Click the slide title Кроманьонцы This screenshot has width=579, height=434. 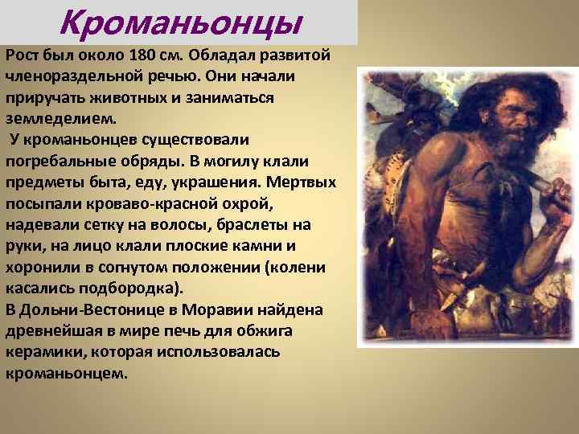tap(181, 23)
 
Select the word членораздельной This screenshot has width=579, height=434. tap(62, 76)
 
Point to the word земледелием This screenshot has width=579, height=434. tap(60, 117)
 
